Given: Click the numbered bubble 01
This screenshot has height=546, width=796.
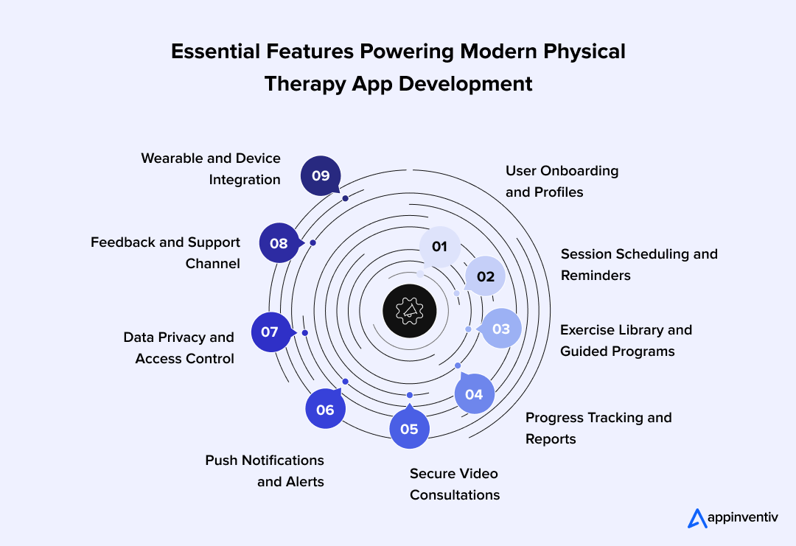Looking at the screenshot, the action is (x=439, y=247).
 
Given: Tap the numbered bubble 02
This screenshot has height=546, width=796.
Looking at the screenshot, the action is (x=485, y=276).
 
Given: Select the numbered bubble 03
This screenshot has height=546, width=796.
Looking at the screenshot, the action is (x=500, y=329).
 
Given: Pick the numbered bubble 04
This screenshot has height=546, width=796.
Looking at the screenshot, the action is (x=474, y=393).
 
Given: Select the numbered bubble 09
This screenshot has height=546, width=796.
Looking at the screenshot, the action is (x=321, y=175).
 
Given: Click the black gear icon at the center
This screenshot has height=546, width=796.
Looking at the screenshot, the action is (x=410, y=311).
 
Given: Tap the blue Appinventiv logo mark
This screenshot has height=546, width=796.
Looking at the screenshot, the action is (x=697, y=518).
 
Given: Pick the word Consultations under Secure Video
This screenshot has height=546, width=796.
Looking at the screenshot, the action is (x=455, y=494).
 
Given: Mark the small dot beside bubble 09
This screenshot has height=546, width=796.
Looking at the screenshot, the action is (x=345, y=198).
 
